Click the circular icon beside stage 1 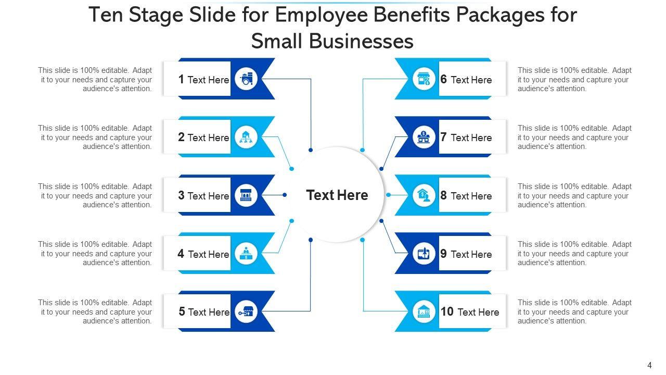(x=246, y=79)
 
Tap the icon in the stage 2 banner (x=246, y=137)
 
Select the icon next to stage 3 (x=246, y=196)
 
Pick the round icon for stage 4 (x=246, y=254)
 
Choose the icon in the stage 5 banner (x=246, y=312)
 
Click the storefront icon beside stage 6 (x=424, y=79)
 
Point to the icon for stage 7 (x=424, y=137)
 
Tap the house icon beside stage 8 (x=424, y=196)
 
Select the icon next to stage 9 (x=424, y=254)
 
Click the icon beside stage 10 (x=424, y=312)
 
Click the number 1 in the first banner (x=181, y=79)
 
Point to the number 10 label (x=447, y=311)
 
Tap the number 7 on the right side (x=444, y=137)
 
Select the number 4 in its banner (x=181, y=254)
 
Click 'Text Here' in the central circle (x=337, y=195)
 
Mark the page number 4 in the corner (x=649, y=365)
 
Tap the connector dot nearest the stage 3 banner (x=285, y=195)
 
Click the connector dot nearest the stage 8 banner (x=388, y=195)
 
